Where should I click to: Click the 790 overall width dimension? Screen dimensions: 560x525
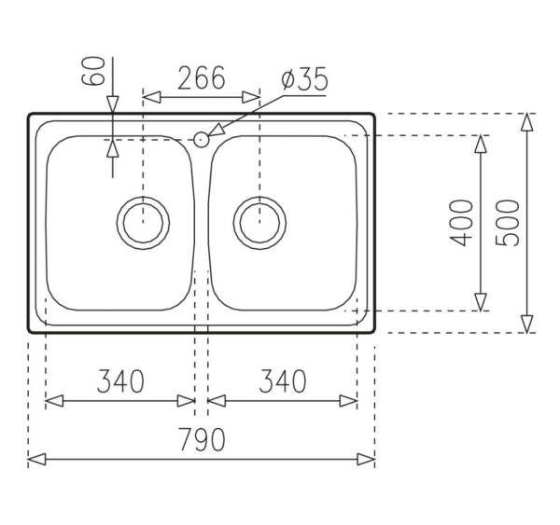tap(203, 439)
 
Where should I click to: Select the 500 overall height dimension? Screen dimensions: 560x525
tap(508, 223)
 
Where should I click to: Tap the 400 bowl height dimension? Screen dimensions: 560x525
tap(461, 223)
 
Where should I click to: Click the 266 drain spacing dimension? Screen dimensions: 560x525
tap(202, 77)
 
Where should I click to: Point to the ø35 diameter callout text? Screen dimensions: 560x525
tap(304, 79)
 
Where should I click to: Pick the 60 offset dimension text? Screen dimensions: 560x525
tap(93, 71)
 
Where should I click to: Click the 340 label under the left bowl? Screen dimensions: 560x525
tap(120, 381)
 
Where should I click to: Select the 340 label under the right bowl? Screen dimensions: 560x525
tap(283, 381)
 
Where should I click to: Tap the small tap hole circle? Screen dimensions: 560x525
tap(201, 140)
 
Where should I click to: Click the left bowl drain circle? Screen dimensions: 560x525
tap(143, 197)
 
